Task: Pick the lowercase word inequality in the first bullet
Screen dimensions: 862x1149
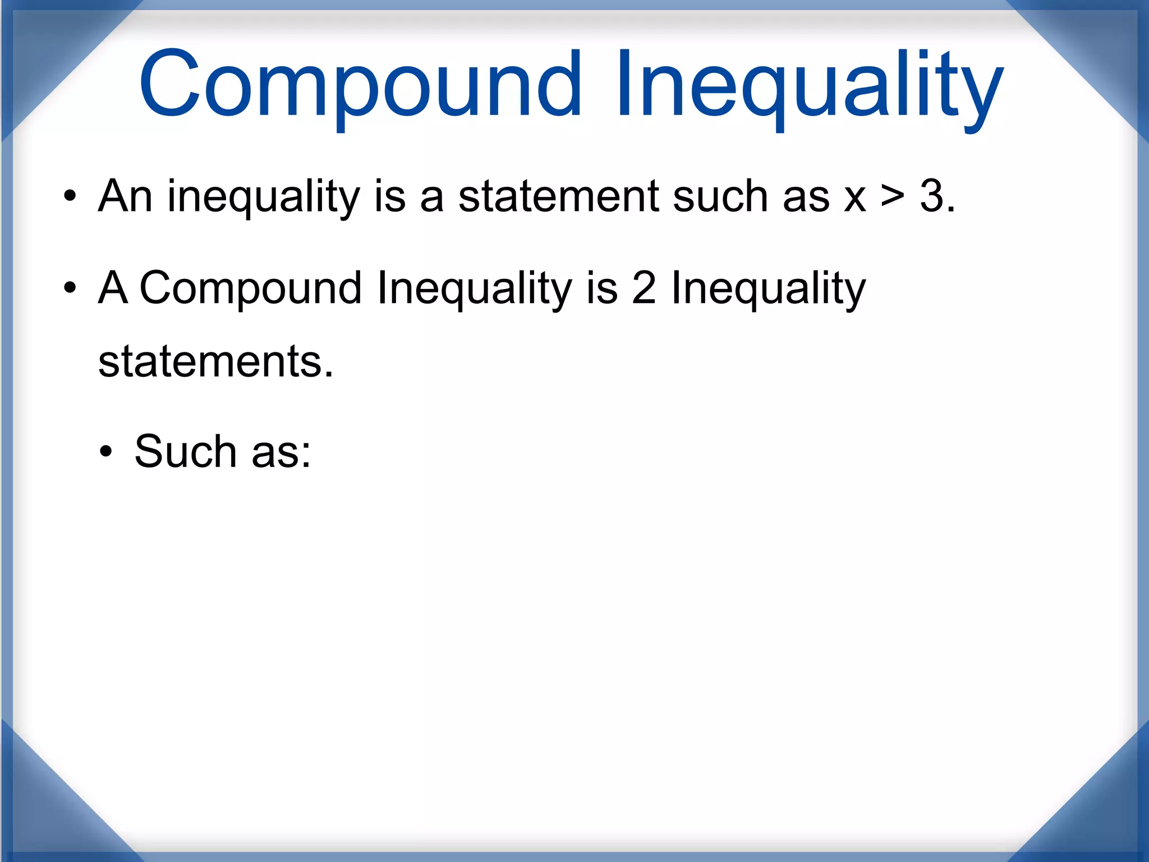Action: (264, 198)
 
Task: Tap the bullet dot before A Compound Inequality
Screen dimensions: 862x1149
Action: (70, 288)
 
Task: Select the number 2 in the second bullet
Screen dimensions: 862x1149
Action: (644, 288)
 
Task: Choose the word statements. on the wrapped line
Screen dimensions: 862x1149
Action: (215, 361)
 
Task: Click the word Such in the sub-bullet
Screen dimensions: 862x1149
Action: (186, 451)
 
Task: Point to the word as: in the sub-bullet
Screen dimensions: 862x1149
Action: (281, 452)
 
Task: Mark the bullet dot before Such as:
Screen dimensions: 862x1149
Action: (106, 451)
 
